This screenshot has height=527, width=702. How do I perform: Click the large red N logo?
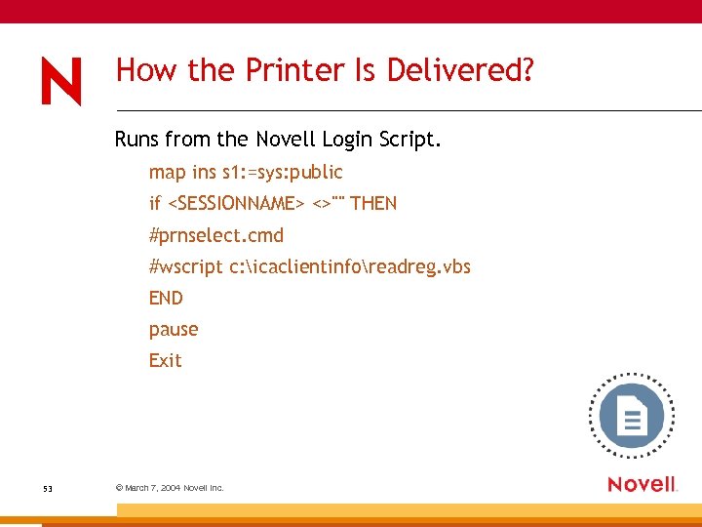point(61,80)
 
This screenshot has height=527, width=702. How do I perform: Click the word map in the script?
point(167,173)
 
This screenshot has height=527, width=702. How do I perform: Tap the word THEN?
point(373,204)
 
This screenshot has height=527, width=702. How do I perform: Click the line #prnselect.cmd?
point(215,235)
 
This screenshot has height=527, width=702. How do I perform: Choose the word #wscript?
point(185,266)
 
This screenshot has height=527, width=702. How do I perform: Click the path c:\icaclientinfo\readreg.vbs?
point(350,266)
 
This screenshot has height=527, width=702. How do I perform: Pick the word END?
point(166,298)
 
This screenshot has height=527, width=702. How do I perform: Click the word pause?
point(174,330)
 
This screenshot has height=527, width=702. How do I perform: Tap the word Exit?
point(165,361)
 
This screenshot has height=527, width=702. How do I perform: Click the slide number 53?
point(48,487)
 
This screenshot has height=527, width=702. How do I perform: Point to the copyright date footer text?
point(170,487)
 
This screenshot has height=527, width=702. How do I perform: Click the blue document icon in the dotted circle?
point(631,417)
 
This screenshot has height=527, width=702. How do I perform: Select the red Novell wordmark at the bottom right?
point(642,484)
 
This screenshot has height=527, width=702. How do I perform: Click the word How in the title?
point(138,70)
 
